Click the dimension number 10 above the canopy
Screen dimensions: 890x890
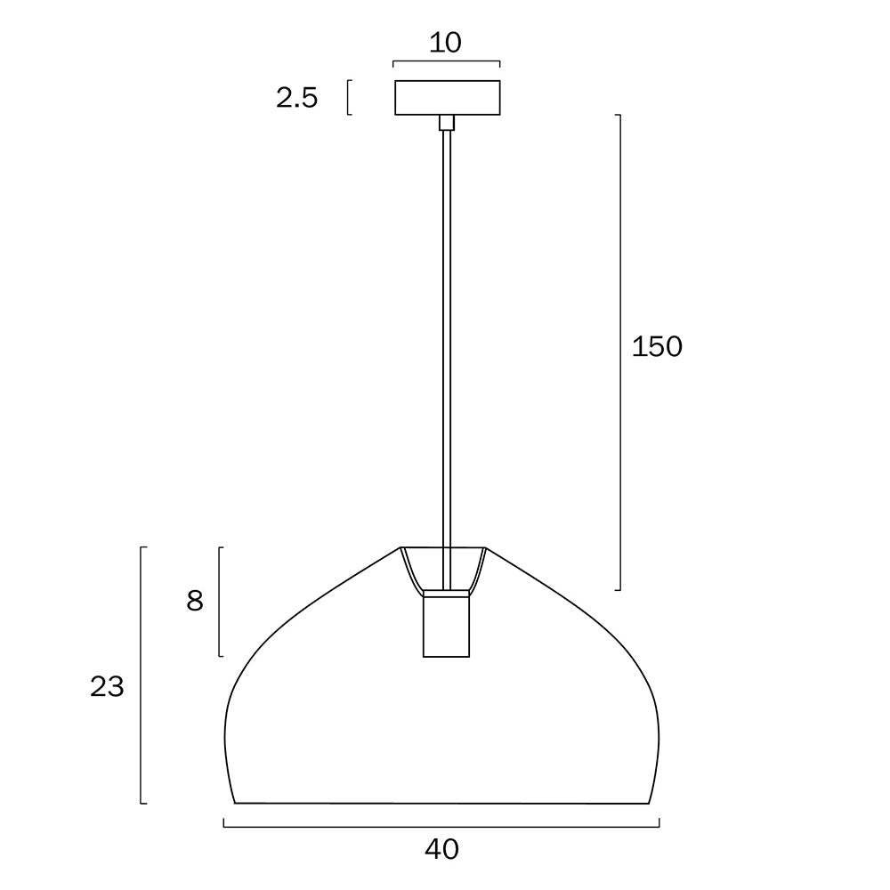coord(445,43)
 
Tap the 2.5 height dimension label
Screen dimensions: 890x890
coord(297,98)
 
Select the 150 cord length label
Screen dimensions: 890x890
coord(657,346)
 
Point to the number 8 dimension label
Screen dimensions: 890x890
coord(195,601)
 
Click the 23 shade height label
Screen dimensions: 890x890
coord(107,687)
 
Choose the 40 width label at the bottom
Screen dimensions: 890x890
coord(441,849)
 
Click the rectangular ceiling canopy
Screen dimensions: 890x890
coord(448,98)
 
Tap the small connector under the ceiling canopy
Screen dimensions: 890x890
coord(448,123)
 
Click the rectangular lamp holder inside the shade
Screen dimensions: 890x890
coord(446,624)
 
